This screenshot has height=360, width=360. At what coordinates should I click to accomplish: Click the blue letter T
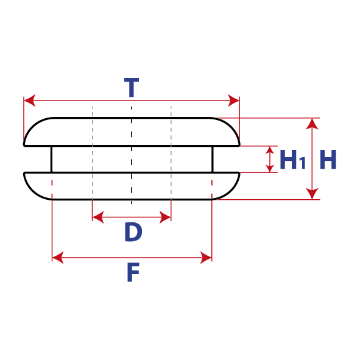tap(132, 88)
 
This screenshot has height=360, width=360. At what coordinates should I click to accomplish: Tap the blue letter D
tap(133, 232)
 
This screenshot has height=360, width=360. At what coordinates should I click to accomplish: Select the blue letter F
tap(133, 272)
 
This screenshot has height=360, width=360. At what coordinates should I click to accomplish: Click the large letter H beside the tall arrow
tap(328, 160)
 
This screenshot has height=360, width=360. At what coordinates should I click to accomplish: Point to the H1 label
tap(293, 160)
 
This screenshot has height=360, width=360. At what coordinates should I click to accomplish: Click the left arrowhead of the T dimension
tap(30, 101)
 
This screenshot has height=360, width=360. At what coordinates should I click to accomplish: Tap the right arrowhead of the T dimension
tap(233, 101)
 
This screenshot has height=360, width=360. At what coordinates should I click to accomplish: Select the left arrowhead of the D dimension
tap(98, 217)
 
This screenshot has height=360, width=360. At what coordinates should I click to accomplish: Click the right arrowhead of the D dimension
tap(165, 217)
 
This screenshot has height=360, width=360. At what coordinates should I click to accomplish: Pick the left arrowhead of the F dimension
tap(58, 258)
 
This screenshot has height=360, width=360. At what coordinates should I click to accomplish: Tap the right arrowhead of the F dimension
tap(206, 258)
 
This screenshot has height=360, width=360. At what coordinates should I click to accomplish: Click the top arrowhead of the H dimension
tap(312, 124)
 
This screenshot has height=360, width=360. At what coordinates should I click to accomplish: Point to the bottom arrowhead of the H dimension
tap(312, 194)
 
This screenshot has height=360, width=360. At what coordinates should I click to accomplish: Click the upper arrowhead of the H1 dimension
tap(270, 150)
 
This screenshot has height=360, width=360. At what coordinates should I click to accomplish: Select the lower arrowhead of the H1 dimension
tap(270, 168)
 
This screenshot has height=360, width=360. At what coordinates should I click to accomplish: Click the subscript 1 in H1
tap(303, 163)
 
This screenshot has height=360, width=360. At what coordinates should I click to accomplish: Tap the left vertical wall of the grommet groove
tap(52, 159)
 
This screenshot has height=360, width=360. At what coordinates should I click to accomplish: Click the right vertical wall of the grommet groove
tap(213, 159)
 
